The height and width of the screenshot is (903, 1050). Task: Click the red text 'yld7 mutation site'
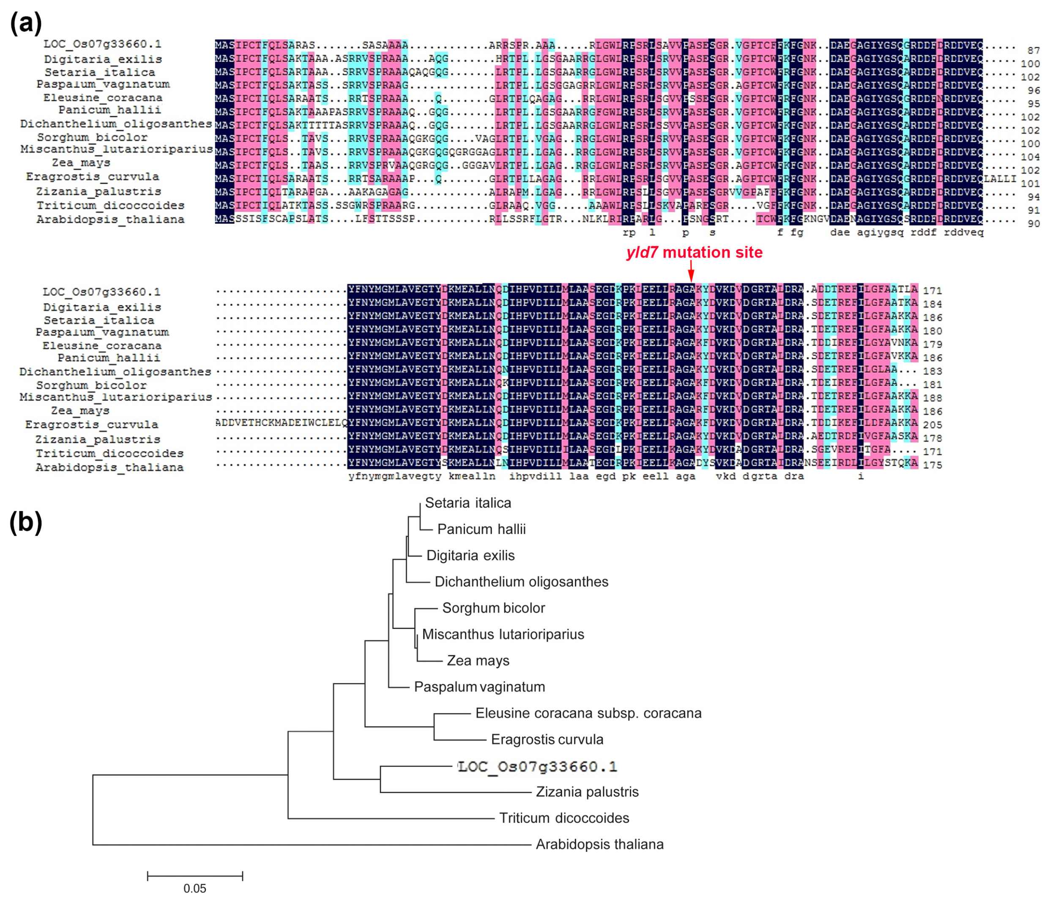(694, 252)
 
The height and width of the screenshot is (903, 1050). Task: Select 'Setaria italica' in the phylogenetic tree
(468, 503)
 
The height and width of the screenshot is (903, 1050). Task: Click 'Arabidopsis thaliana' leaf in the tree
(599, 844)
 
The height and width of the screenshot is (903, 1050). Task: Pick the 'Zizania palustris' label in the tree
(587, 792)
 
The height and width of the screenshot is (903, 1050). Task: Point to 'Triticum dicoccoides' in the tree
(564, 818)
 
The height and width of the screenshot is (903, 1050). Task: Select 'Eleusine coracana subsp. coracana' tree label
(588, 714)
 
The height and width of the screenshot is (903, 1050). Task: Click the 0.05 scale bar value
(194, 888)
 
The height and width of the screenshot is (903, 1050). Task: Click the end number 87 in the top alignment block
(1033, 51)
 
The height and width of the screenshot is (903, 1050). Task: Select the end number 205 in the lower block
(932, 425)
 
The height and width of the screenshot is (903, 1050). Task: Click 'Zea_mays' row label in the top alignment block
(81, 163)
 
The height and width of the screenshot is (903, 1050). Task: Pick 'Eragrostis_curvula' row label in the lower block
(92, 424)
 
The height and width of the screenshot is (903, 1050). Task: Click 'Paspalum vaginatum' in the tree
(479, 687)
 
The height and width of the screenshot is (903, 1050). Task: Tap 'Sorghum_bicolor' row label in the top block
(92, 137)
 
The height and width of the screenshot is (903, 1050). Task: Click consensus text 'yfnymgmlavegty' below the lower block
(395, 477)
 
